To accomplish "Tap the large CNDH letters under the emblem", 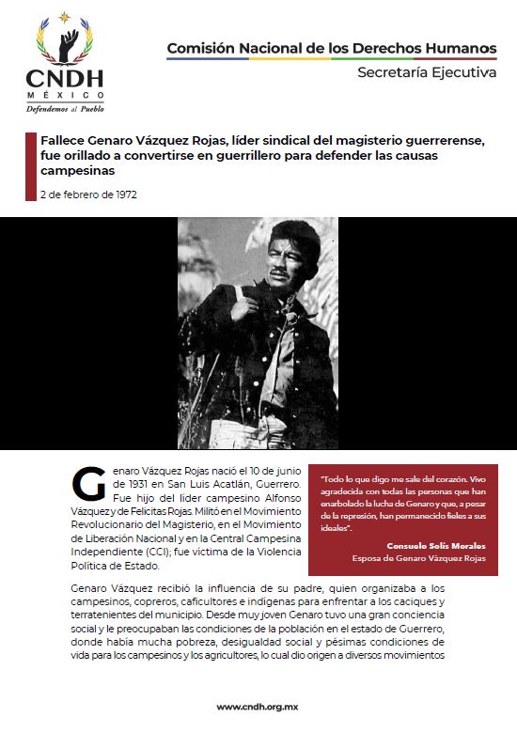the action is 65,78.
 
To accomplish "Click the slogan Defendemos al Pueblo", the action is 65,109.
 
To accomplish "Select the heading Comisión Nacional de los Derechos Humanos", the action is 331,47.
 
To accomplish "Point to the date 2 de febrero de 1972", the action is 88,195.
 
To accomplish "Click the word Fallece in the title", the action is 67,140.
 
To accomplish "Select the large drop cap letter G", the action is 87,483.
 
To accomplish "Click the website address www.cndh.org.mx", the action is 258,707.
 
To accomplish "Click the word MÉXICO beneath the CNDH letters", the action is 65,96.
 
